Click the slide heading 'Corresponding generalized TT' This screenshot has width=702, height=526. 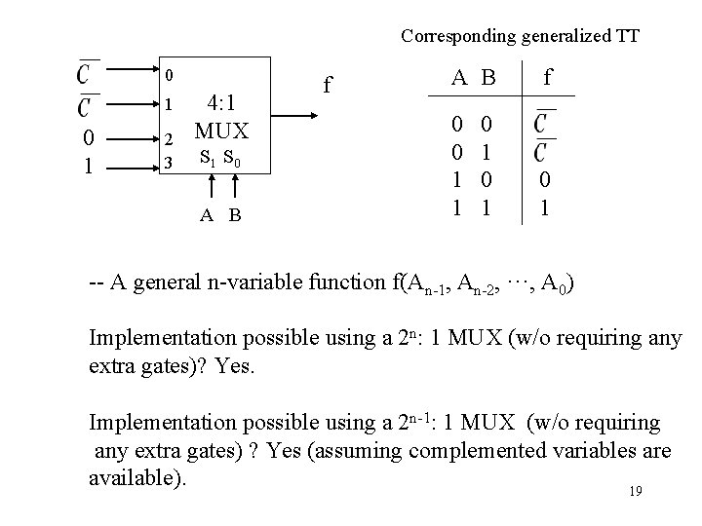[x=520, y=37]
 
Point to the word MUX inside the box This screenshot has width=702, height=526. [x=222, y=129]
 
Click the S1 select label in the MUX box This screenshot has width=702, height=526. [x=207, y=156]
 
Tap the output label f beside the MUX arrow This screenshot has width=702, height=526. [x=330, y=86]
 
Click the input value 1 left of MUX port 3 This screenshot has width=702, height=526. [x=89, y=164]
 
